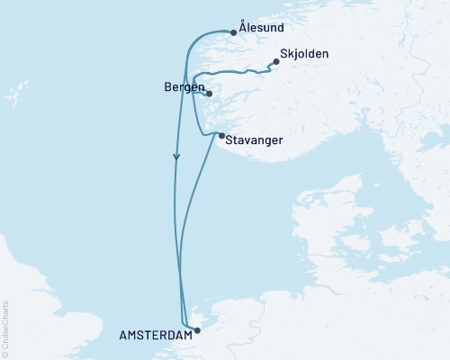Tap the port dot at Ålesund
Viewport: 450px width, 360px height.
coord(234,32)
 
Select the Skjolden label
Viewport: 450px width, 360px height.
coord(305,54)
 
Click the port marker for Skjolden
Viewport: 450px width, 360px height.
coord(275,63)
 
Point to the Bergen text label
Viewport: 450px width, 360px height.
coord(184,87)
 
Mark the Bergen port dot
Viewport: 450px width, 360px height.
coord(209,94)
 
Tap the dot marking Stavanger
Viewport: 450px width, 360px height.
coord(221,136)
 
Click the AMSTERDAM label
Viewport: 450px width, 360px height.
coord(155,334)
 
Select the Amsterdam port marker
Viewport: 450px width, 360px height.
coord(197,329)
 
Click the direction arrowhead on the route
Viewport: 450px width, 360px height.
coord(176,157)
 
